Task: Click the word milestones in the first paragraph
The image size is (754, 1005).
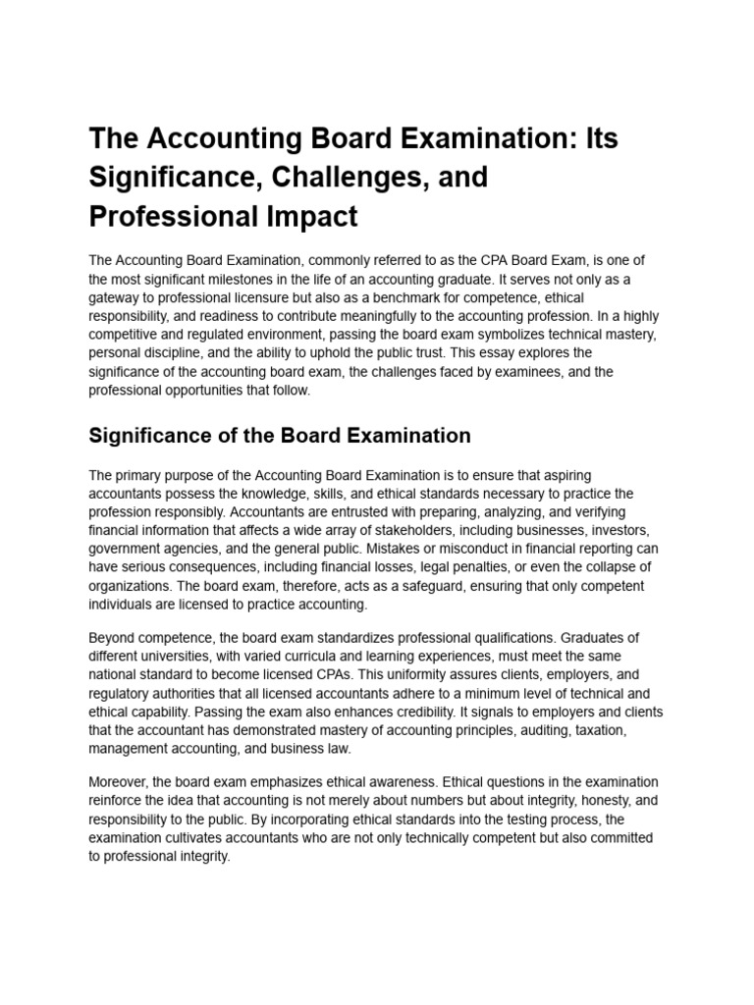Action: coord(266,279)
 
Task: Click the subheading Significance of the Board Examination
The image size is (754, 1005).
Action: coord(280,435)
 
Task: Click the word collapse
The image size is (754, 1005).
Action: coord(598,567)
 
